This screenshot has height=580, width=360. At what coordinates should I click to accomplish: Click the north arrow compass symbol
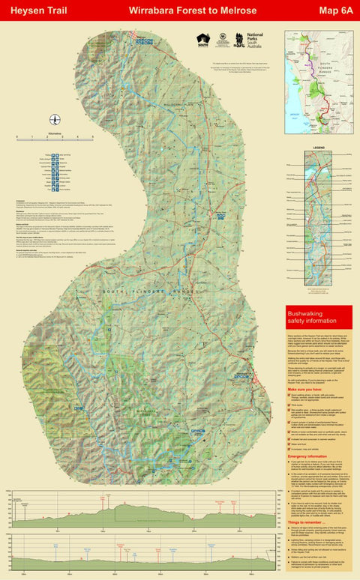click(x=55, y=120)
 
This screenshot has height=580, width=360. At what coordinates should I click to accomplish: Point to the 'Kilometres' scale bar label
click(x=55, y=132)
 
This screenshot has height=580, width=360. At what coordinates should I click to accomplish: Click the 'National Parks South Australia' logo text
click(x=255, y=40)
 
